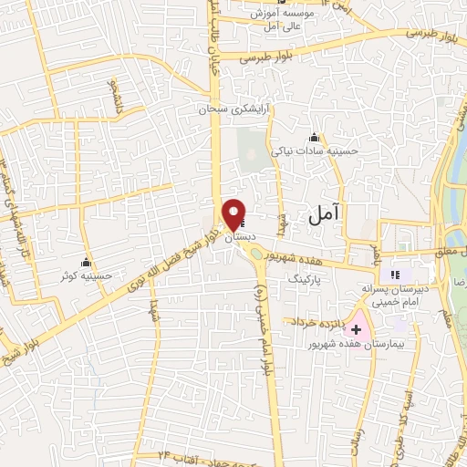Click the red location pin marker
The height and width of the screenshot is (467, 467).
pos(233,213)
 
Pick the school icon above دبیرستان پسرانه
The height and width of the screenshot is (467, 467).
pos(396,274)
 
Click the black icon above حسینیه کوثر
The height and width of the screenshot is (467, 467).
pos(87,260)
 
